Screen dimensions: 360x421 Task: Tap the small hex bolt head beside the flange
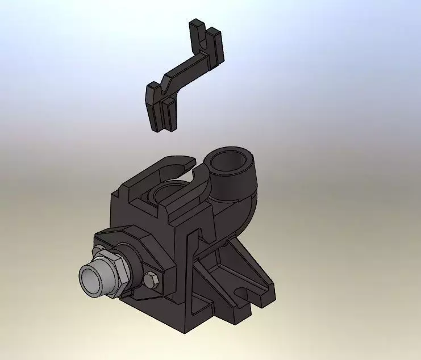click(x=151, y=280)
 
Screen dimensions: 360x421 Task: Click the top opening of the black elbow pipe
click(x=230, y=164)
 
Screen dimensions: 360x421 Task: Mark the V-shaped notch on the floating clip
click(x=164, y=86)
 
